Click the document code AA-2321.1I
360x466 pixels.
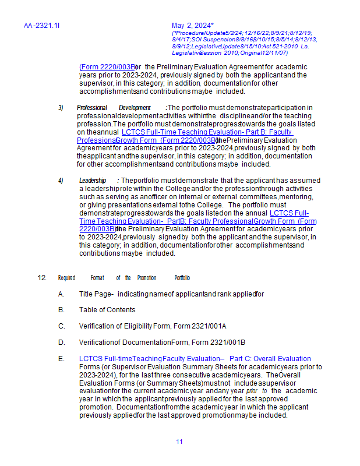[x=42, y=26]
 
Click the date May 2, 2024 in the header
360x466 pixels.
[x=192, y=26]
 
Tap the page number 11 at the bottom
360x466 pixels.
[x=179, y=442]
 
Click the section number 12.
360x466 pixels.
[x=42, y=278]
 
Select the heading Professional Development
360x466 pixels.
[x=114, y=108]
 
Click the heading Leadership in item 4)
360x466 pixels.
[x=93, y=181]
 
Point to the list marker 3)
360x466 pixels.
[x=61, y=108]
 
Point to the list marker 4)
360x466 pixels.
[x=61, y=181]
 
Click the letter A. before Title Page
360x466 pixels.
[x=61, y=294]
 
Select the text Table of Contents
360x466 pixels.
[x=107, y=310]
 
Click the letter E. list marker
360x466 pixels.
[x=61, y=359]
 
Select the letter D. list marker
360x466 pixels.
[x=61, y=343]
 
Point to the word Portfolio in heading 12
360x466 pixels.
[x=182, y=278]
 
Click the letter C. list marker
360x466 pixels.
[x=61, y=326]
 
